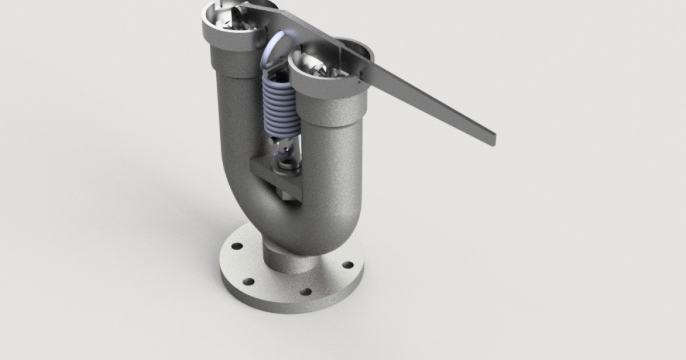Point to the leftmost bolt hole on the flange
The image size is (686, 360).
(x=236, y=247)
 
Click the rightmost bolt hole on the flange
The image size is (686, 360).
(x=347, y=265)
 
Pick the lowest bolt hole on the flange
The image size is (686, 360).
(x=306, y=291)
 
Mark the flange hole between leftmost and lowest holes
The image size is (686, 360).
(x=249, y=282)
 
